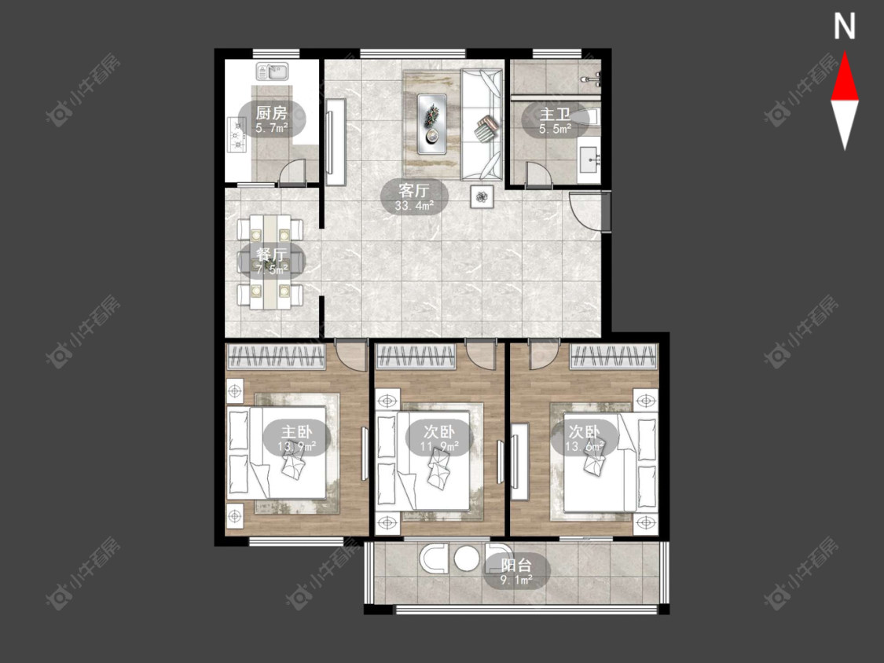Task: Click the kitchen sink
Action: (x=273, y=71)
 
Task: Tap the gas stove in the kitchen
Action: (x=237, y=134)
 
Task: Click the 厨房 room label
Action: (x=272, y=112)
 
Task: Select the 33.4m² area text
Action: (x=414, y=206)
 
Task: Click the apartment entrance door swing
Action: (x=585, y=211)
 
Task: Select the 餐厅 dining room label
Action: (x=272, y=255)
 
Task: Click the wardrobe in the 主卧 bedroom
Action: (x=276, y=357)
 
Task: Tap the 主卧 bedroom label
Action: (x=296, y=432)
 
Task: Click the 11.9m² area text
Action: (x=439, y=447)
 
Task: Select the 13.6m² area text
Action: (x=585, y=447)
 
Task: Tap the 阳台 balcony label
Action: (x=516, y=564)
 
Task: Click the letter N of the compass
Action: (x=845, y=27)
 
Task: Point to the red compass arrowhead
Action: (x=845, y=77)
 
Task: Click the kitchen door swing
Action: (x=292, y=171)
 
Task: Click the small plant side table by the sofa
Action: (x=482, y=196)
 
